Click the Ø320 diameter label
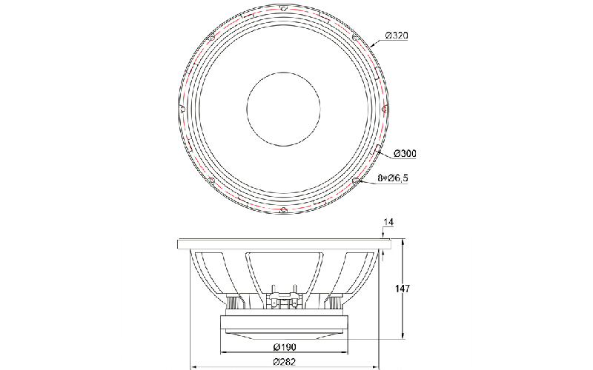coord(397,36)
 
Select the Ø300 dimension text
coord(405,153)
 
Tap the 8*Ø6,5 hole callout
coord(393,178)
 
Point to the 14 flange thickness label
coord(388,223)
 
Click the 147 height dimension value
coord(402,289)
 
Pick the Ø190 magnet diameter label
coord(284,346)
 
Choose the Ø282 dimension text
coord(284,361)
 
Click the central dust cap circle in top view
coord(284,109)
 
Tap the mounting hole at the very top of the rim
coord(284,7)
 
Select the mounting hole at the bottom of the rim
coord(283,210)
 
